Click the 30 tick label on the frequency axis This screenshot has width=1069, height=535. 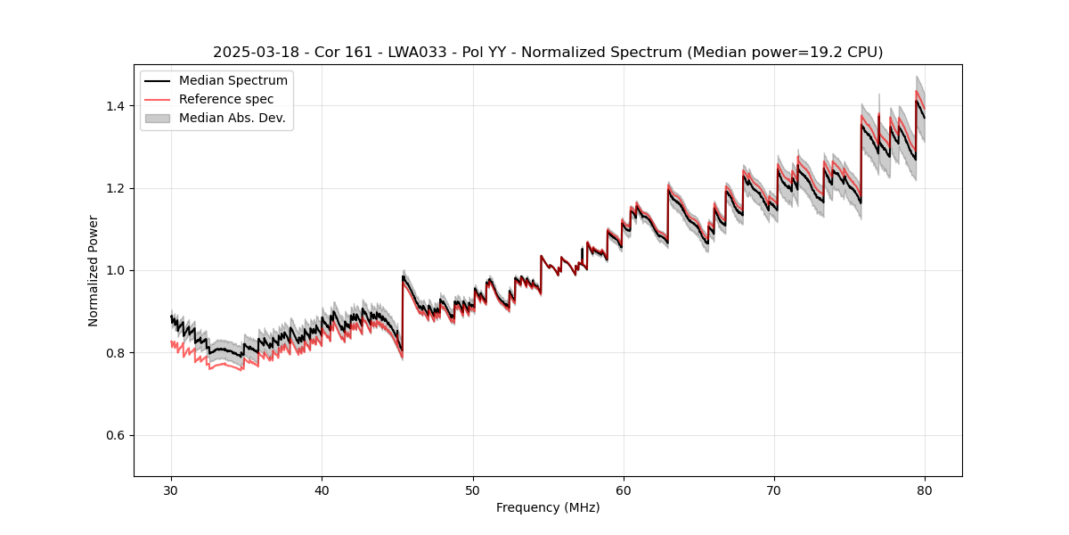click(x=171, y=490)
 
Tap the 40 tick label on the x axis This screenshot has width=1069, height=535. click(x=322, y=490)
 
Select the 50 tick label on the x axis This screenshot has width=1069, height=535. click(x=473, y=490)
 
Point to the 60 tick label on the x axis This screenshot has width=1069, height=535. click(x=624, y=490)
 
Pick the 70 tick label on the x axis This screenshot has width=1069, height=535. click(x=774, y=490)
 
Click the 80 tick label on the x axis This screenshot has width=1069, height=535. click(x=925, y=490)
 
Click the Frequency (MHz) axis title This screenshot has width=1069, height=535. click(x=548, y=507)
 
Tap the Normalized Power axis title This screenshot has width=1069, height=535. click(x=93, y=270)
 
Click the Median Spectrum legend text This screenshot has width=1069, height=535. click(x=233, y=81)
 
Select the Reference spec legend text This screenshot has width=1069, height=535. click(x=226, y=99)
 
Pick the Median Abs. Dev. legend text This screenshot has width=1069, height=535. click(x=233, y=118)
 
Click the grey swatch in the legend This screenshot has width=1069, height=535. click(x=158, y=118)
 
